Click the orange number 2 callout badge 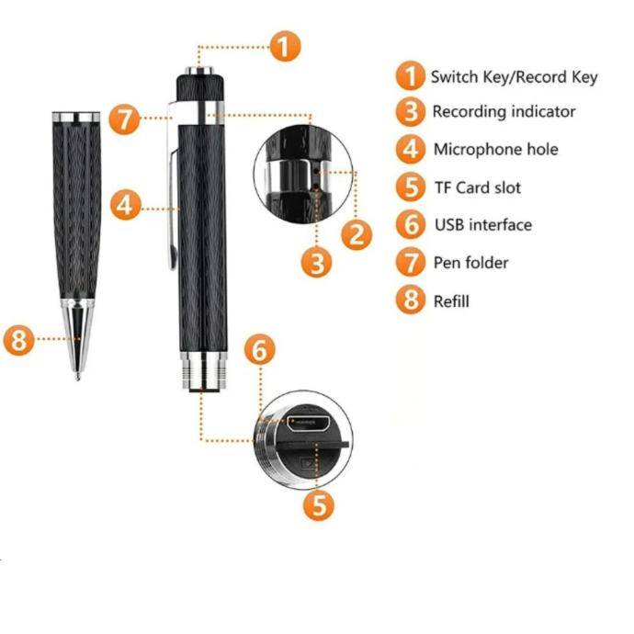[x=357, y=234]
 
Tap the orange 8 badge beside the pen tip [x=19, y=340]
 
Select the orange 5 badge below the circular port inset [x=319, y=505]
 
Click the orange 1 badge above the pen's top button [x=285, y=46]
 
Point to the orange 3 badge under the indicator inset [x=317, y=263]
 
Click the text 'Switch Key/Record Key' [x=514, y=77]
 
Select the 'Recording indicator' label [x=504, y=111]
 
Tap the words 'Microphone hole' [x=496, y=149]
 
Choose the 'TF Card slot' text [x=478, y=187]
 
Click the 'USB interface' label [x=483, y=225]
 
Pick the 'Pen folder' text [x=470, y=263]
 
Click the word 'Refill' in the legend [x=451, y=301]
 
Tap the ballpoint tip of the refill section [x=77, y=377]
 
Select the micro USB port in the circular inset [x=308, y=423]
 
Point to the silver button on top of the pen [x=199, y=71]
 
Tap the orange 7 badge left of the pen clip [x=125, y=119]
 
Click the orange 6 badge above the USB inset [x=260, y=350]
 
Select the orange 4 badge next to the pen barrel [x=126, y=205]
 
